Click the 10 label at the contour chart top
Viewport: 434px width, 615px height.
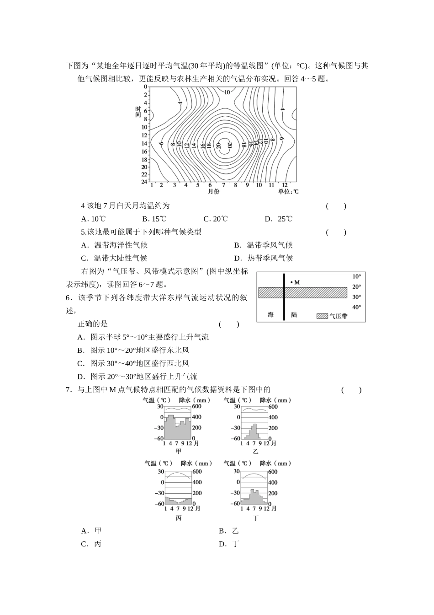[227, 92]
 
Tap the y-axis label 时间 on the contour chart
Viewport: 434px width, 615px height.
[138, 112]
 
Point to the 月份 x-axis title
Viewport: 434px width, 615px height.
[213, 191]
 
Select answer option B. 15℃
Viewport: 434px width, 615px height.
[154, 219]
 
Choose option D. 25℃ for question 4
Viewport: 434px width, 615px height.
[279, 219]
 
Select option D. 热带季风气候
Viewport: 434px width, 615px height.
[263, 258]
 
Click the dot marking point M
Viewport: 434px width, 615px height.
[291, 282]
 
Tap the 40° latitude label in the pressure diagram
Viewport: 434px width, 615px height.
[357, 307]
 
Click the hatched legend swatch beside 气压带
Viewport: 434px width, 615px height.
[323, 316]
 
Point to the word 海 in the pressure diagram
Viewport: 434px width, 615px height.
[270, 315]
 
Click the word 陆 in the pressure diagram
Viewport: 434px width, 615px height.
[294, 315]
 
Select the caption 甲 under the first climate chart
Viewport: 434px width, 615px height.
[179, 451]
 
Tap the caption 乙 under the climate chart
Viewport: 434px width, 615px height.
[255, 451]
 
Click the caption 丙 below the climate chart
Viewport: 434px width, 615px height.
[179, 518]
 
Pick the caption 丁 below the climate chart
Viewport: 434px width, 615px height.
[255, 518]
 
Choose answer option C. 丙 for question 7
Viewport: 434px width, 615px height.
[91, 544]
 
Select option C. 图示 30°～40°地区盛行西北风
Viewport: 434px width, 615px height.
[133, 363]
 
